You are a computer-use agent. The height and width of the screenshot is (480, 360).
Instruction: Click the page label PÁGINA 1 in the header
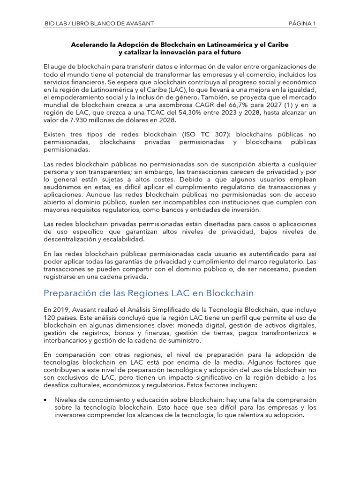(x=302, y=23)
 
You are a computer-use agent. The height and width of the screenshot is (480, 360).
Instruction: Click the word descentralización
(x=73, y=239)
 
